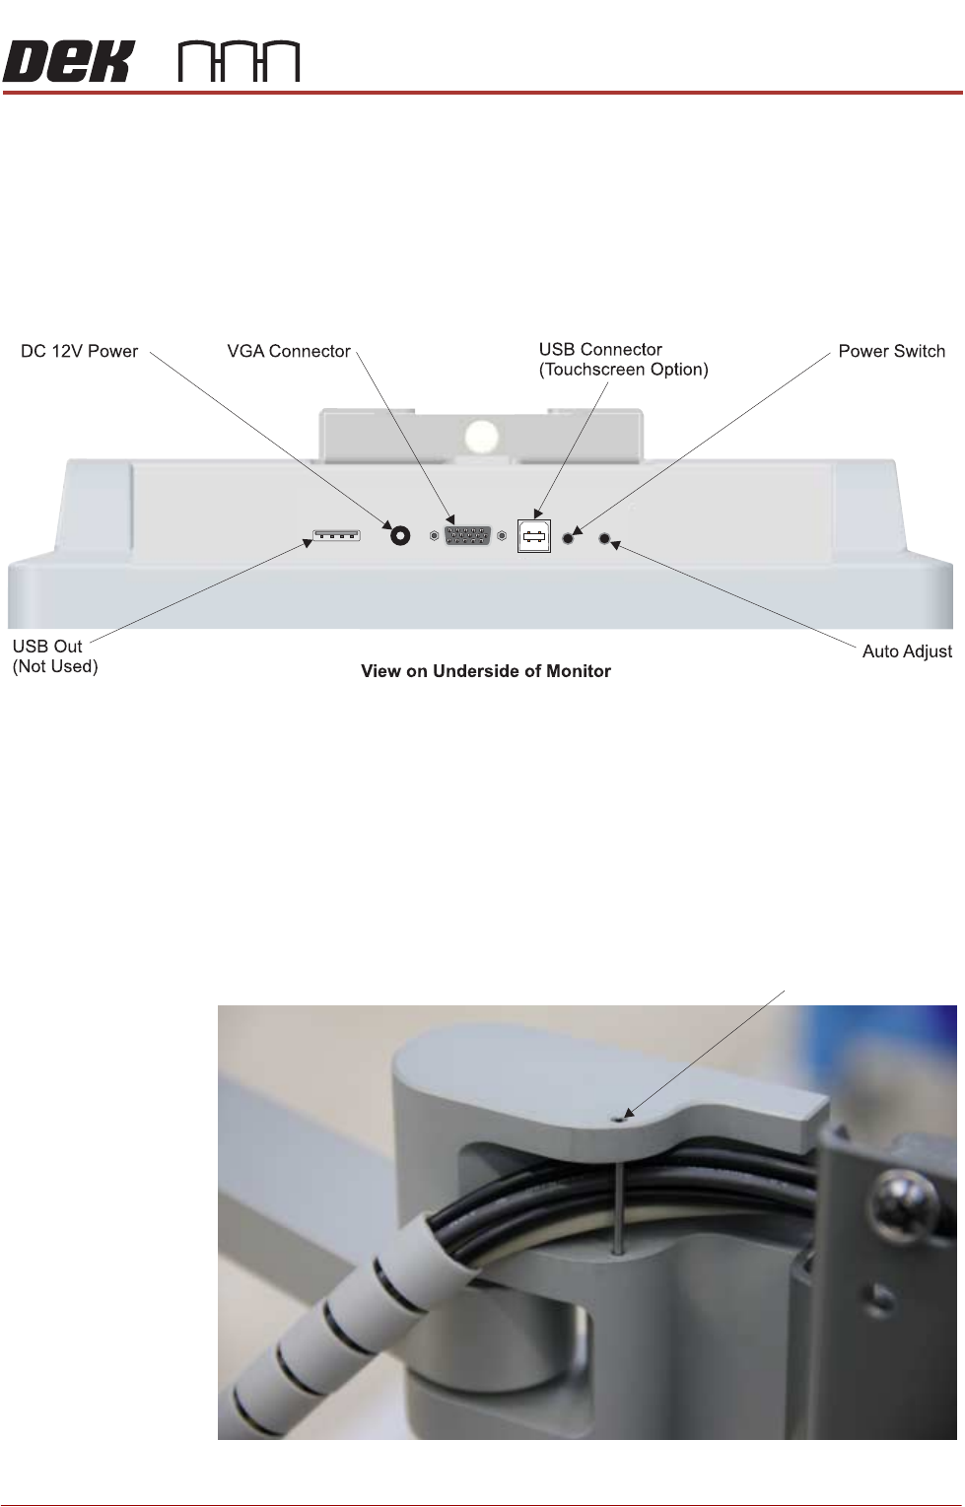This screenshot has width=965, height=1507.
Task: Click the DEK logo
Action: pos(67,62)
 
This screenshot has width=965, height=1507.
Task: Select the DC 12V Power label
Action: pos(80,351)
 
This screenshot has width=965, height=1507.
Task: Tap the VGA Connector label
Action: pos(289,351)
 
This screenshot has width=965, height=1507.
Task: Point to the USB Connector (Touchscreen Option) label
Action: pos(623,360)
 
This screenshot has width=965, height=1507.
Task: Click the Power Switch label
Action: pos(891,351)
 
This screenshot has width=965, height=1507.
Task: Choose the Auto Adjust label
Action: pos(907,651)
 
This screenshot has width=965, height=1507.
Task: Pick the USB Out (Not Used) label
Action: pos(55,657)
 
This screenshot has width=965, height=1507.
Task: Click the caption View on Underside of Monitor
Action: pos(486,671)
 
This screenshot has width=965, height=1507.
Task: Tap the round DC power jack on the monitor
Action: pos(401,535)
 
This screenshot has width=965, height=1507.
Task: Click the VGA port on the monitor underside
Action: pos(468,536)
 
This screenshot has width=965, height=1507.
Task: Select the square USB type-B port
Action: pos(533,536)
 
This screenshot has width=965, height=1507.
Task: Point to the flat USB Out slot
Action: pos(336,535)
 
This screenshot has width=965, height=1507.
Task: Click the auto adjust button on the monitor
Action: pos(606,540)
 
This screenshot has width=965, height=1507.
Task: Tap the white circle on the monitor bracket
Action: pos(483,437)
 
